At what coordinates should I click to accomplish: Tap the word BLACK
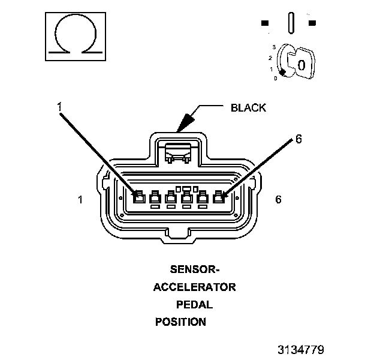pyautogui.click(x=248, y=109)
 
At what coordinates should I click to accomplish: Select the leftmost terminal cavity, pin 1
pyautogui.click(x=139, y=196)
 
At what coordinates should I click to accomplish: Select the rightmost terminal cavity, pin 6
pyautogui.click(x=219, y=196)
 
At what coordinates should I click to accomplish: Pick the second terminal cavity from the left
pyautogui.click(x=155, y=197)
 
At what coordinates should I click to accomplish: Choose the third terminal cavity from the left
pyautogui.click(x=171, y=197)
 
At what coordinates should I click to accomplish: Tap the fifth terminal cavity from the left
pyautogui.click(x=203, y=197)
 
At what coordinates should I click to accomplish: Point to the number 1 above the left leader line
pyautogui.click(x=59, y=107)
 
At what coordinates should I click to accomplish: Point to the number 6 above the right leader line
pyautogui.click(x=298, y=139)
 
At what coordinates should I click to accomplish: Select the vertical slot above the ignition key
pyautogui.click(x=291, y=23)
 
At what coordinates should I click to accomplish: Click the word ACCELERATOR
pyautogui.click(x=194, y=287)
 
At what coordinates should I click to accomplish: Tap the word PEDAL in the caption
pyautogui.click(x=194, y=304)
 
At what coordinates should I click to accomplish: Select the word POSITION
pyautogui.click(x=180, y=322)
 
